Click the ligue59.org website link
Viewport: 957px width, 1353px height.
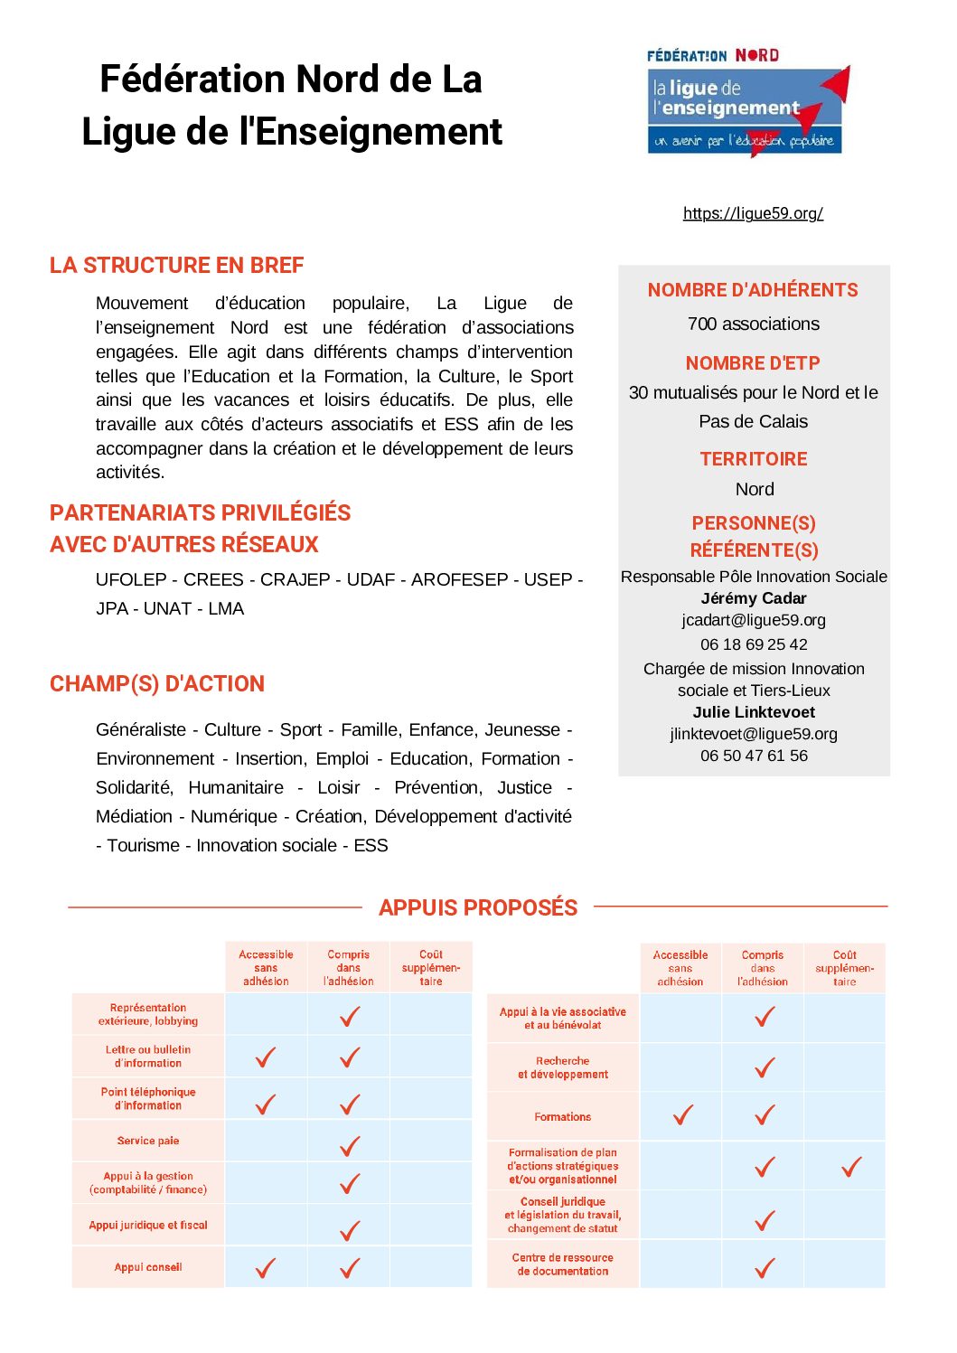point(753,213)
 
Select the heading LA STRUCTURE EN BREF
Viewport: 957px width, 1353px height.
point(176,265)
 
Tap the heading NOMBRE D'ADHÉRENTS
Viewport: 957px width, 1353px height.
point(753,290)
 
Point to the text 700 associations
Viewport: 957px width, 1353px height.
point(754,324)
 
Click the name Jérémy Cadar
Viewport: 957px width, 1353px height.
point(754,598)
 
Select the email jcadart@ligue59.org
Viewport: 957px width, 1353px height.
point(754,620)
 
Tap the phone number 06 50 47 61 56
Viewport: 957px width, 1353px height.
point(754,756)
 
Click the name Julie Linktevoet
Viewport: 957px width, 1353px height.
point(754,712)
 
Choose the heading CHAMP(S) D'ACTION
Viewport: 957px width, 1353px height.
point(157,684)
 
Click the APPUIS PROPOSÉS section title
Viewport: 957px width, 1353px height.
point(478,907)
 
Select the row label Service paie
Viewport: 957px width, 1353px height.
point(148,1141)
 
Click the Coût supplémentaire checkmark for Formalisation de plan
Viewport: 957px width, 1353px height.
point(851,1167)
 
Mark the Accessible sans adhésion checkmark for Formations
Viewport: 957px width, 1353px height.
point(683,1115)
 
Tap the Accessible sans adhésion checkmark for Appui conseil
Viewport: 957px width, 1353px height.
point(266,1268)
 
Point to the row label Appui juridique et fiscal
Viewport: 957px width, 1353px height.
point(148,1226)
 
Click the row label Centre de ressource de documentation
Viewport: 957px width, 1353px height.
point(562,1264)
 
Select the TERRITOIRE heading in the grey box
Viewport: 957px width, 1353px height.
point(754,459)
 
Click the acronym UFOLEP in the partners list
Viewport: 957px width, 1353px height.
point(131,579)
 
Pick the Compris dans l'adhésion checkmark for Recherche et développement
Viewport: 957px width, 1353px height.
point(765,1068)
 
